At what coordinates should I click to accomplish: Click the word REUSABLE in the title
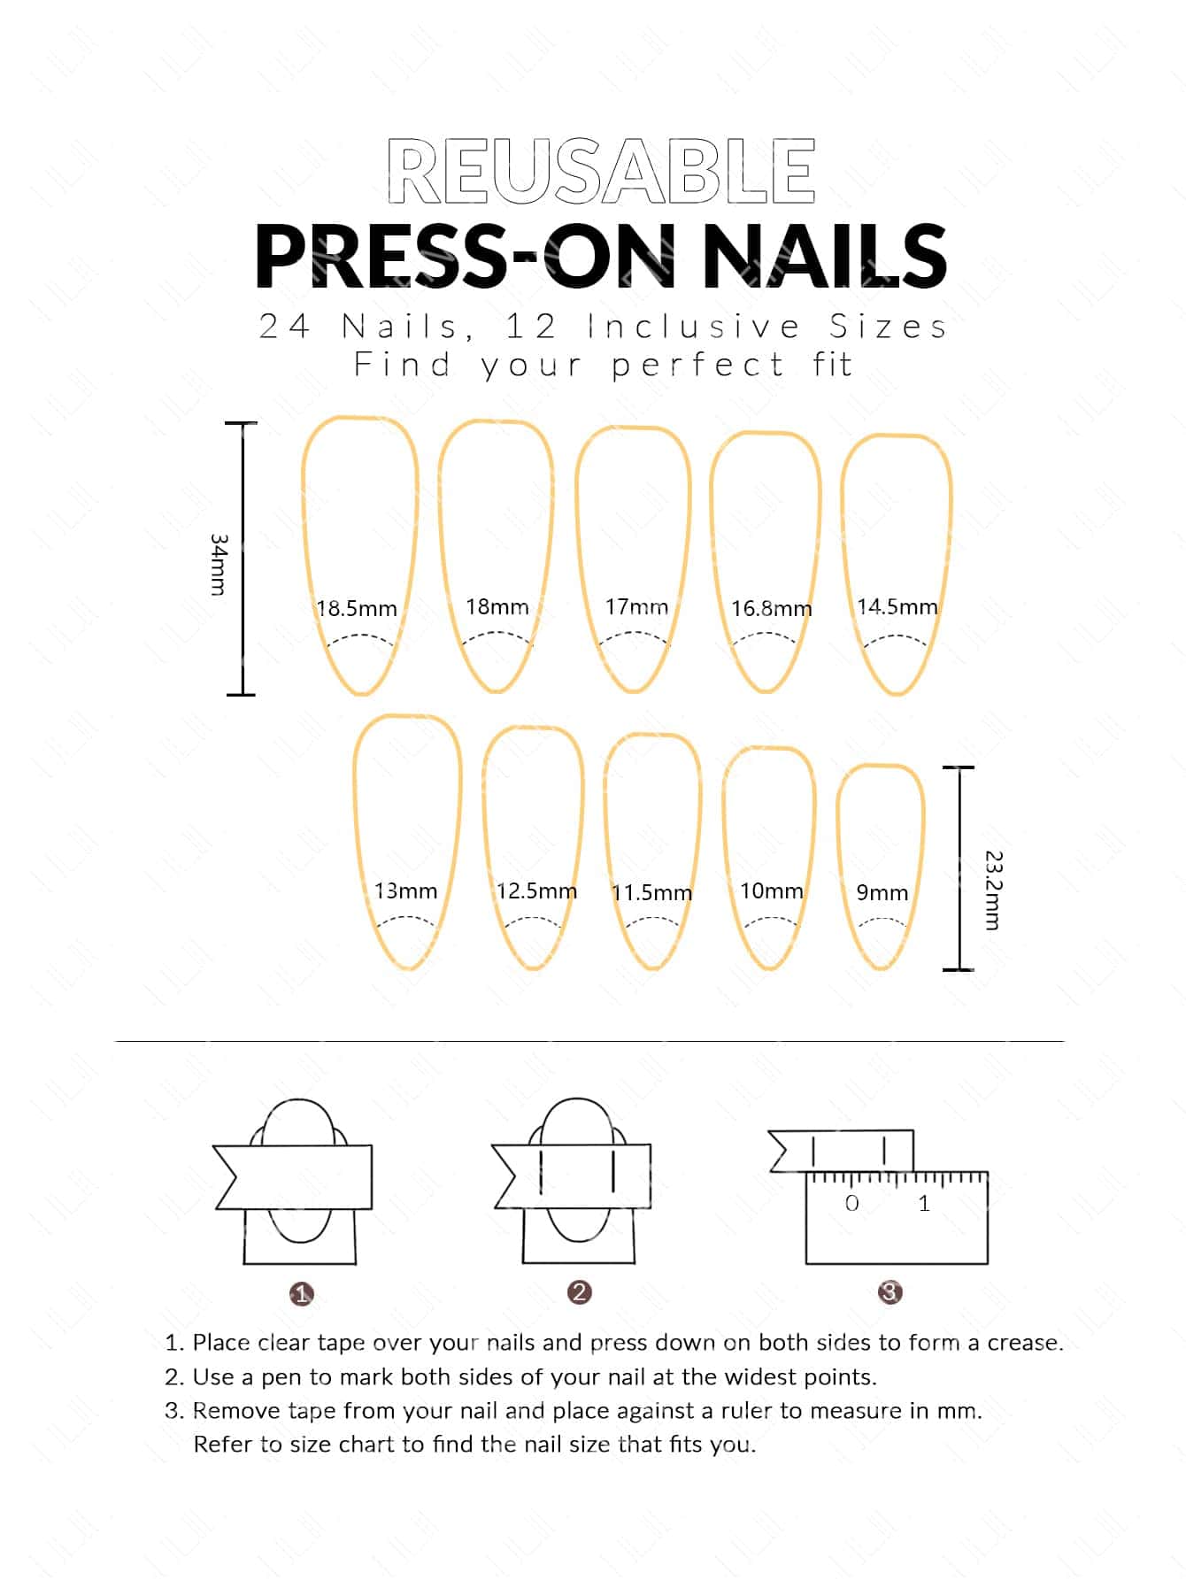coord(601,172)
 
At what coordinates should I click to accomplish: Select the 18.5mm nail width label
coord(357,609)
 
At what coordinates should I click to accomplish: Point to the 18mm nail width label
coord(497,607)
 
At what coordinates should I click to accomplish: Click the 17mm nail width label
coord(636,607)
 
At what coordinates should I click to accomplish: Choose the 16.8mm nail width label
coord(771,609)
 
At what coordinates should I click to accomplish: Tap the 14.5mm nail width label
coord(897,607)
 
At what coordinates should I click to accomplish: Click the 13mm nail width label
coord(405,890)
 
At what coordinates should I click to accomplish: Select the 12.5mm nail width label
coord(536,890)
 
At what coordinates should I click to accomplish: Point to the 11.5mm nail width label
coord(651,892)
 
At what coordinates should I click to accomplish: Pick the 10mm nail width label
coord(772,890)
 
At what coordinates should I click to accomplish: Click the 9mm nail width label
coord(882,892)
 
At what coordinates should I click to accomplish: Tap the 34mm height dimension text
coord(219,564)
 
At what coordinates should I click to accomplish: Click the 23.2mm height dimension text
coord(993,890)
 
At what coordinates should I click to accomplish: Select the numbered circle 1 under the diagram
coord(301,1294)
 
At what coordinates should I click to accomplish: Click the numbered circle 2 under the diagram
coord(579,1292)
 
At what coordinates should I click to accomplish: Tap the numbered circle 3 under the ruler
coord(889,1292)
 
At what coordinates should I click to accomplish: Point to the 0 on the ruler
coord(851,1203)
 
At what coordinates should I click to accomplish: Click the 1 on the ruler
coord(924,1203)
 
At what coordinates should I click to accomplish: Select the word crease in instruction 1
coord(1025,1343)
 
